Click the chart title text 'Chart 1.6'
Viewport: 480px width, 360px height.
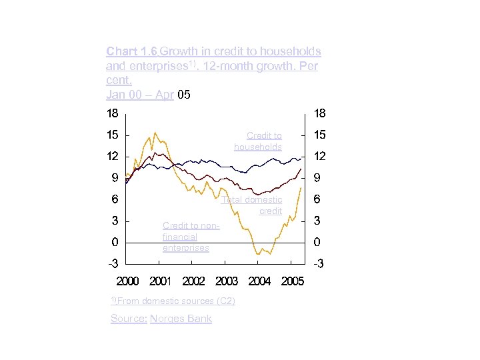(131, 51)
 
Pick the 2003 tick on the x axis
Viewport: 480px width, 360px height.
(227, 281)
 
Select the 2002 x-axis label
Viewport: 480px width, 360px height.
(193, 281)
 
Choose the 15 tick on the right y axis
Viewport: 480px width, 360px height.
(319, 135)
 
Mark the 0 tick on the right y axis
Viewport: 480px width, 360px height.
(317, 242)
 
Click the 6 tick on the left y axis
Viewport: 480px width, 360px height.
(115, 199)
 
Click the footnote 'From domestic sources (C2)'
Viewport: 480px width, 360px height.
(176, 301)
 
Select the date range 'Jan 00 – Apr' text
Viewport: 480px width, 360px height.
(140, 95)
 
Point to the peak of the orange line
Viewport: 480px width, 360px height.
(155, 132)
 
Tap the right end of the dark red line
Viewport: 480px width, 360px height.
(301, 169)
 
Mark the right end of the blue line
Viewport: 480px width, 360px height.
(301, 158)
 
